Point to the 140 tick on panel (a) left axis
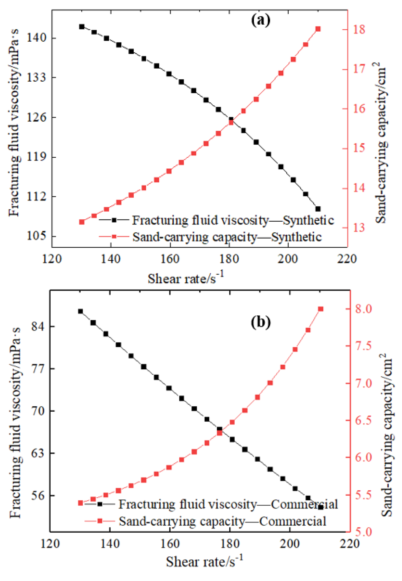[37, 38]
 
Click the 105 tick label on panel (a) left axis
[37, 236]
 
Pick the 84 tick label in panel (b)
[39, 326]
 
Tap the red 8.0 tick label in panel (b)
[363, 309]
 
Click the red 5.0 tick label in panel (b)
[363, 532]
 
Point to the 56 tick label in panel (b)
[39, 496]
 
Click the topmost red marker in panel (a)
[318, 29]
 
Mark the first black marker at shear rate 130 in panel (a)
[82, 27]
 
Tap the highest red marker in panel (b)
[320, 309]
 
